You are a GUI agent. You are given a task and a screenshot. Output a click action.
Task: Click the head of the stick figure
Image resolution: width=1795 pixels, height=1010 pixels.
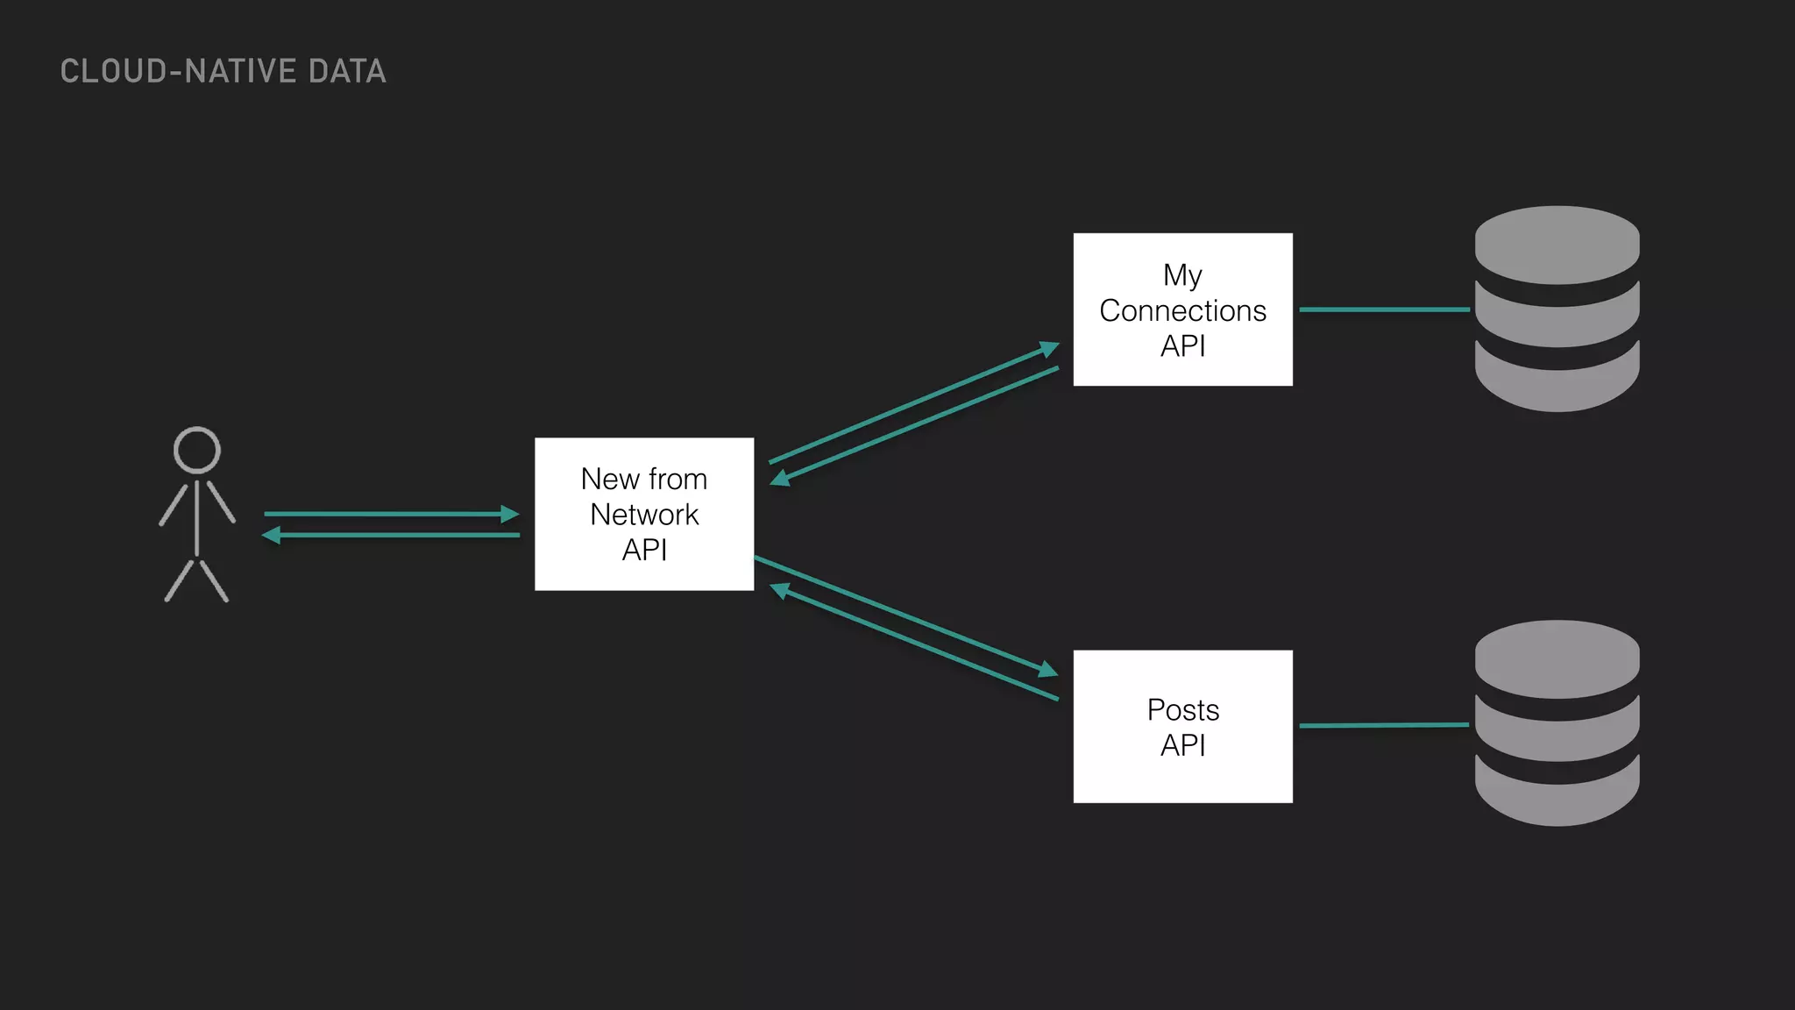click(197, 450)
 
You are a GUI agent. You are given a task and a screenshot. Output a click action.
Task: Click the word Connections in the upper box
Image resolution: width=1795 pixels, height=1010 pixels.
click(1182, 310)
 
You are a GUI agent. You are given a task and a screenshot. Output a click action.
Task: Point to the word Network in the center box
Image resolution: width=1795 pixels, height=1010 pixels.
click(644, 515)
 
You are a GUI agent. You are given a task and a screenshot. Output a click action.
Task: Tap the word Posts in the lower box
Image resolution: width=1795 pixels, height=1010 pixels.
click(1182, 709)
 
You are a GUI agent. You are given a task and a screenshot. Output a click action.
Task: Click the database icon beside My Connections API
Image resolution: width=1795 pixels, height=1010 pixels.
click(1557, 309)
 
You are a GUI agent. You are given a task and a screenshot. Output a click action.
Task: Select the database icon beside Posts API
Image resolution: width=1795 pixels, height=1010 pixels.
click(1557, 723)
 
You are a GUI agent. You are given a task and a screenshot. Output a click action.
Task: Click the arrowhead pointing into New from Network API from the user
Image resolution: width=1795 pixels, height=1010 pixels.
click(510, 514)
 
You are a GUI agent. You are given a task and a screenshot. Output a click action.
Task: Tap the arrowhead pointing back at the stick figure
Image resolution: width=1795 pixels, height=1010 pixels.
click(272, 535)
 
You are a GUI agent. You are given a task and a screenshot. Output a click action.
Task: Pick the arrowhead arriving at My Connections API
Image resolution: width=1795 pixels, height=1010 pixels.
click(1049, 349)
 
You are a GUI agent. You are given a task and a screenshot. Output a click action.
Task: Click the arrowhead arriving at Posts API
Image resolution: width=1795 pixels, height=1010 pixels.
click(1048, 670)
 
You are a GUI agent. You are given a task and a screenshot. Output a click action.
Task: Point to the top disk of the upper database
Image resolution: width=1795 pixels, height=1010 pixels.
click(1557, 244)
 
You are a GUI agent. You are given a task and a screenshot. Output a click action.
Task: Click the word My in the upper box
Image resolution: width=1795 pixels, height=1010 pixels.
click(1182, 275)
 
